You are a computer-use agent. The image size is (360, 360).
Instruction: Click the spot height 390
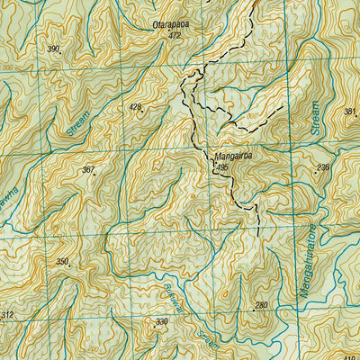pos(53,49)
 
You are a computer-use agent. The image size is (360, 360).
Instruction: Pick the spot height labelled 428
pos(135,107)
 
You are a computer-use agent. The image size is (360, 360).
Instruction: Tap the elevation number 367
pos(87,169)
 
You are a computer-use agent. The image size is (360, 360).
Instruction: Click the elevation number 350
pos(62,261)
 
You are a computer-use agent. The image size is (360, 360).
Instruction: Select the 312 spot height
pos(7,315)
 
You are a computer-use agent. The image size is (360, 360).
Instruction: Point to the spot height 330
pos(161,321)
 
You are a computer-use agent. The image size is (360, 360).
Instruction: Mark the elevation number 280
pos(261,306)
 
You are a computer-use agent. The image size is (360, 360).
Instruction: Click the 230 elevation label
pos(323,168)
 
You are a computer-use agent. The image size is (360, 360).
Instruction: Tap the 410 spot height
pos(352,356)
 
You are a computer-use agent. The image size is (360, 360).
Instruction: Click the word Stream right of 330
pos(208,340)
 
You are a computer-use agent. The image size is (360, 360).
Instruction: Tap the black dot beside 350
pos(69,266)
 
